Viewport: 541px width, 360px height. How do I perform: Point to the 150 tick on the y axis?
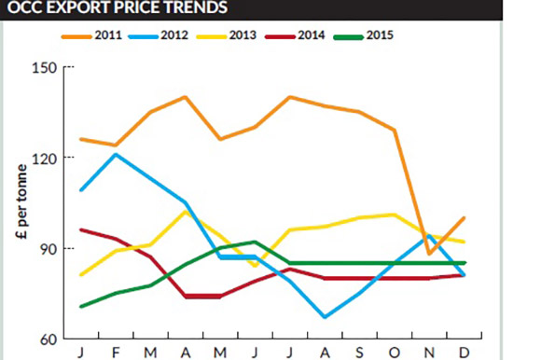45,68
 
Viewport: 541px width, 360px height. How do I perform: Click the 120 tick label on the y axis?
45,158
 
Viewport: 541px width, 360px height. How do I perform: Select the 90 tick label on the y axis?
48,248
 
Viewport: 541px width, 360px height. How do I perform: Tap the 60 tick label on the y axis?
48,339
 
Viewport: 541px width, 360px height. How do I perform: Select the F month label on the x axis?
116,353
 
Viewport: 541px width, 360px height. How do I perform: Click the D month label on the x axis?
464,353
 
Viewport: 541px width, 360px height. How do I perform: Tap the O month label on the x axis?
395,353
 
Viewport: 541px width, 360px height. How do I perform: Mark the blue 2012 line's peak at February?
116,154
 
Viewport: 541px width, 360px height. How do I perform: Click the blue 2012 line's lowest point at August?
325,317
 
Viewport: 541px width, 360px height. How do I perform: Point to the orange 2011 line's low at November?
429,254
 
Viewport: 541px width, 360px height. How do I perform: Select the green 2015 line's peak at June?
256,242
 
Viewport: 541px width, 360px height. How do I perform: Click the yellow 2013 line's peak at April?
186,212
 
